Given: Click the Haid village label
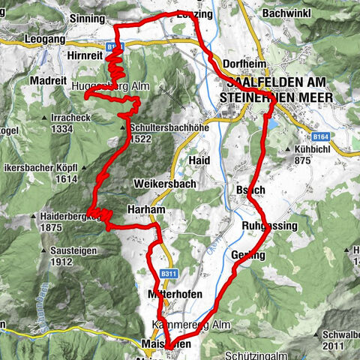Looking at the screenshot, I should (x=199, y=160).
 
